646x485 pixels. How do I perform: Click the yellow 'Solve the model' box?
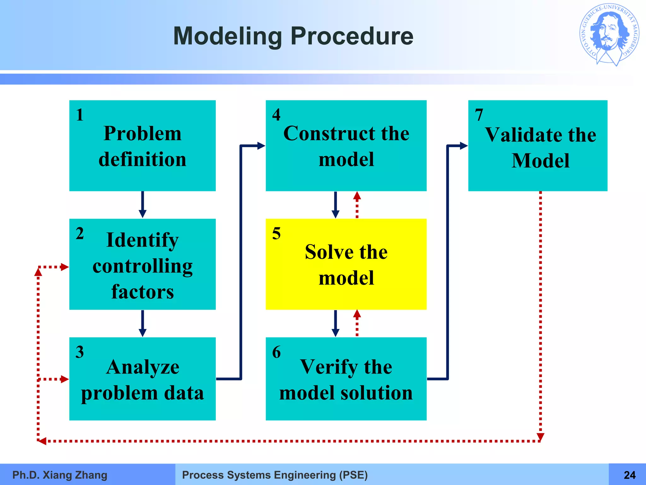pyautogui.click(x=346, y=264)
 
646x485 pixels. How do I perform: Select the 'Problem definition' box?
pyautogui.click(x=142, y=146)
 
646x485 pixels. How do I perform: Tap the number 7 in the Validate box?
pyautogui.click(x=479, y=115)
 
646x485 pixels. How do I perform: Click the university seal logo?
pyautogui.click(x=609, y=35)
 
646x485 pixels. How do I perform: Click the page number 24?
pyautogui.click(x=630, y=475)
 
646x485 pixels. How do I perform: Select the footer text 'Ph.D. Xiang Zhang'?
pyautogui.click(x=60, y=475)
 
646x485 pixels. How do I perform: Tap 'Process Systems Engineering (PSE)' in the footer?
pyautogui.click(x=275, y=475)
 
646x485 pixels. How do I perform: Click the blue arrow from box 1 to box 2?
pyautogui.click(x=143, y=205)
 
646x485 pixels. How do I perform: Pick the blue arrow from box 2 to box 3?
pyautogui.click(x=143, y=323)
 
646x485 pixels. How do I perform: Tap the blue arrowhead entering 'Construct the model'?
pyautogui.click(x=261, y=146)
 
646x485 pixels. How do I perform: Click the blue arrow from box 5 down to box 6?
pyautogui.click(x=335, y=323)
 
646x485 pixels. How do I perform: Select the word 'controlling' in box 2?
pyautogui.click(x=142, y=266)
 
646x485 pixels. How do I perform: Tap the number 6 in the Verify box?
pyautogui.click(x=276, y=352)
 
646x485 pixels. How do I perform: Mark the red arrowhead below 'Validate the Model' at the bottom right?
pyautogui.click(x=540, y=437)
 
